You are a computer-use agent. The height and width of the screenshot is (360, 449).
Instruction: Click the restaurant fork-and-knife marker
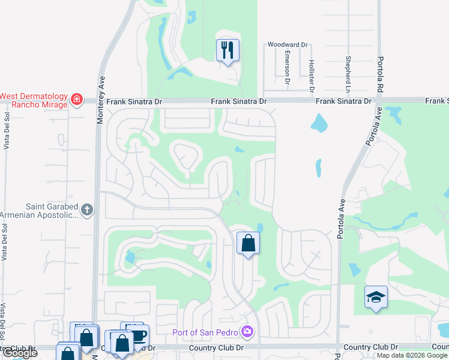228,50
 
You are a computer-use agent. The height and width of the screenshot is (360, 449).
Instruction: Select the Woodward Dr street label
288,45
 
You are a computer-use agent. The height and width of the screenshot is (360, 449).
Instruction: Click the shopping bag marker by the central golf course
248,244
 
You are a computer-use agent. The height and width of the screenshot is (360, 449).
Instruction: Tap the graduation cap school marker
376,297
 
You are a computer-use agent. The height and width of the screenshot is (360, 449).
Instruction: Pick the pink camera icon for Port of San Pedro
247,332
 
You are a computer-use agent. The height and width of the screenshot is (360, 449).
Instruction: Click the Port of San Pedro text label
205,332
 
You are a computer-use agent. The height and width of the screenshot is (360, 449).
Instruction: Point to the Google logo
19,353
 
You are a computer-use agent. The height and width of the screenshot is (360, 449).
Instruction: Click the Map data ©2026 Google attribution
412,355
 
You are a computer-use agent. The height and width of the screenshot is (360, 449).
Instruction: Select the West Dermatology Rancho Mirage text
34,100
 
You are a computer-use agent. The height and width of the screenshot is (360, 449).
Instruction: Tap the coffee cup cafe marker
138,335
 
